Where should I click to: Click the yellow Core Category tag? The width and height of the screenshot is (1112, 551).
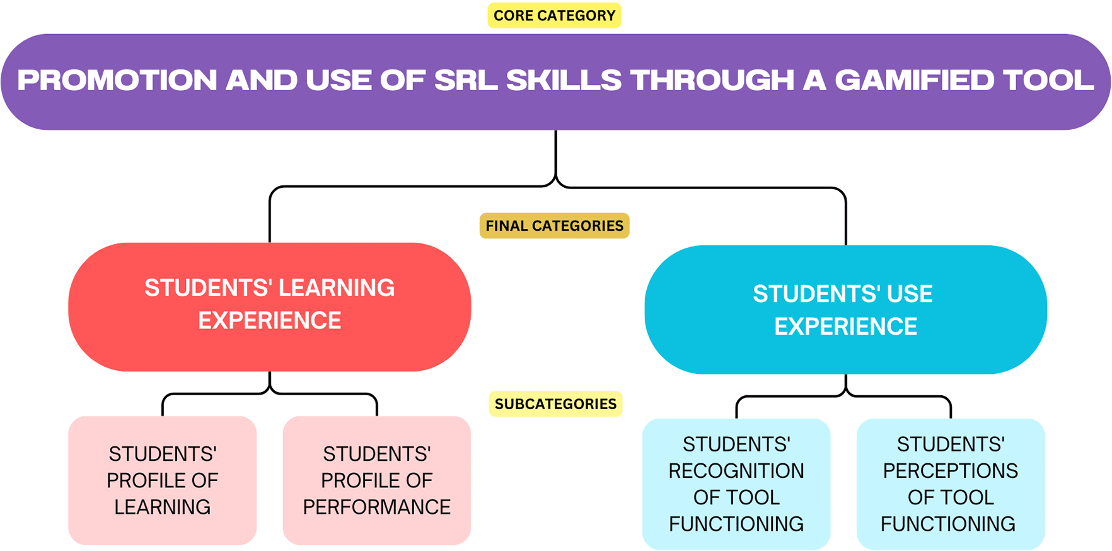pyautogui.click(x=554, y=16)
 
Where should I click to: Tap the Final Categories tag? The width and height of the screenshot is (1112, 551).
pyautogui.click(x=554, y=226)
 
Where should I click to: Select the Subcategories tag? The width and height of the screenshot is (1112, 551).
pyautogui.click(x=555, y=404)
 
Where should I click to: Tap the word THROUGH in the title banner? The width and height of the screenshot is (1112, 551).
pyautogui.click(x=712, y=80)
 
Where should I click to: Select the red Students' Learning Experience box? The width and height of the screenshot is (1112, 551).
pyautogui.click(x=270, y=307)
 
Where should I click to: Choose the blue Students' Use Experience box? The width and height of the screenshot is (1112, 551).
pyautogui.click(x=846, y=310)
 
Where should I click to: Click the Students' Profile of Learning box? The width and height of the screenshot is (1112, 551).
pyautogui.click(x=163, y=480)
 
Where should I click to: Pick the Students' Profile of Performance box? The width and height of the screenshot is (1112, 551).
pyautogui.click(x=377, y=480)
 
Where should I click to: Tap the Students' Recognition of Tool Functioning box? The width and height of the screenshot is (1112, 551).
pyautogui.click(x=736, y=484)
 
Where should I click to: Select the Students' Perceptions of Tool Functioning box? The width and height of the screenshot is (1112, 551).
pyautogui.click(x=951, y=484)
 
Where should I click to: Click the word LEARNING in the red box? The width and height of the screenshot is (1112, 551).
pyautogui.click(x=337, y=288)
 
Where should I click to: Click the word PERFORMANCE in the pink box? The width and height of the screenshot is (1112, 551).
pyautogui.click(x=377, y=507)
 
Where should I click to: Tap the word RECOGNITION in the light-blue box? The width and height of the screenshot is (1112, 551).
pyautogui.click(x=736, y=471)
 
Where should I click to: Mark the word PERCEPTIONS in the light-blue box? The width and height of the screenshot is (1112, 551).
pyautogui.click(x=951, y=471)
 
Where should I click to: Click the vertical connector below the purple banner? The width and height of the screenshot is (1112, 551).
pyautogui.click(x=556, y=154)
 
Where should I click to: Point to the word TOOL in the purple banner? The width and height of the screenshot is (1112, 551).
pyautogui.click(x=1048, y=80)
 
